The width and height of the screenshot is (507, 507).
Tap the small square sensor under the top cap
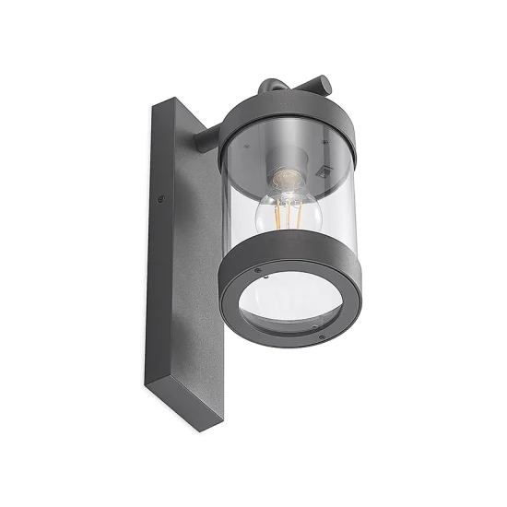point(322,171)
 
